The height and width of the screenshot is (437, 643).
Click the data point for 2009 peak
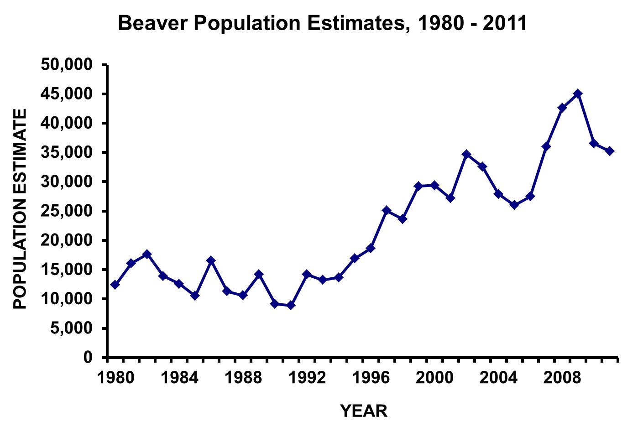[578, 94]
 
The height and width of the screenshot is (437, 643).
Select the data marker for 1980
[115, 285]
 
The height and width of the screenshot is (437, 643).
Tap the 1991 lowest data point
[291, 305]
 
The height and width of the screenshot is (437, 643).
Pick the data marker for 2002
[466, 154]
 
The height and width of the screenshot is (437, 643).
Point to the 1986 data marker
[211, 260]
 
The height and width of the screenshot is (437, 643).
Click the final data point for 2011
[610, 151]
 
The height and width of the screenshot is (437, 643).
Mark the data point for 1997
[387, 210]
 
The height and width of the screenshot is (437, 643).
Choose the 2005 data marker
[514, 205]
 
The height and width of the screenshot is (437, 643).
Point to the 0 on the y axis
[88, 358]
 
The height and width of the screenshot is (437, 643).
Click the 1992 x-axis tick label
[307, 378]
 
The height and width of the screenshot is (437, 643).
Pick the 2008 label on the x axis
[562, 378]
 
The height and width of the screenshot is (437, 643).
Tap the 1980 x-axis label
[115, 378]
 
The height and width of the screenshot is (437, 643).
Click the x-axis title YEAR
[364, 411]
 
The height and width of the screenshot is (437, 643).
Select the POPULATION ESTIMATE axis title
[20, 209]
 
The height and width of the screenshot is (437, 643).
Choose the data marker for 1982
[147, 254]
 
